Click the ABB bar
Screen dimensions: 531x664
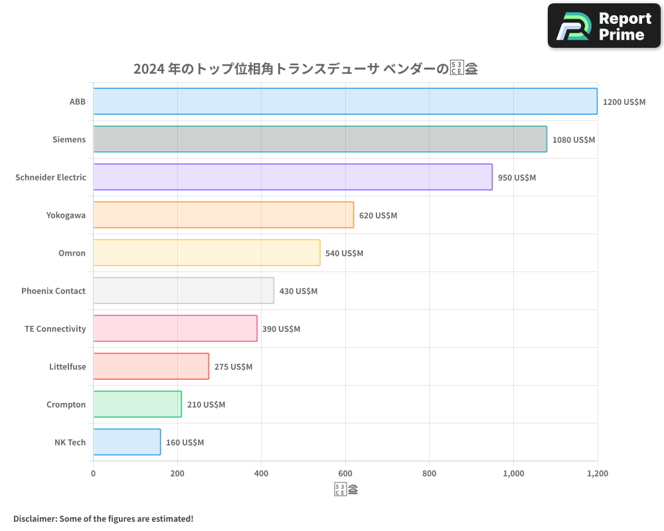pos(345,102)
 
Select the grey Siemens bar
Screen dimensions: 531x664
pos(320,139)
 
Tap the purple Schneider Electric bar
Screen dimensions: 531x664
pos(293,177)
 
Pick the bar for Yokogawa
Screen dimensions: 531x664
pos(223,215)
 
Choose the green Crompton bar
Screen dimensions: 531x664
pos(137,404)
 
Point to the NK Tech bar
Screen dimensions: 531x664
pos(127,442)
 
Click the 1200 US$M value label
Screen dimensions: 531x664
pos(623,102)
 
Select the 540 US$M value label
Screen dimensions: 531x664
pos(344,254)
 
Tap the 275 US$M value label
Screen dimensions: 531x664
pos(233,367)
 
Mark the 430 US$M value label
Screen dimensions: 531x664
pos(298,291)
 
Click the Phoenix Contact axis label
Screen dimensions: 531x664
pos(53,291)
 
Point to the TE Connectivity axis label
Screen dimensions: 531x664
pos(55,329)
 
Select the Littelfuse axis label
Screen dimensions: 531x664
pos(67,366)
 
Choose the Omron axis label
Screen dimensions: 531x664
pos(72,253)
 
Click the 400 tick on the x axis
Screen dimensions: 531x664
pos(261,474)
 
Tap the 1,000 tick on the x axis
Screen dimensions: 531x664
pos(513,474)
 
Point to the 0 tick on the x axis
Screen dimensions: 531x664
pos(93,474)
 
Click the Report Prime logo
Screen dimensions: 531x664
pos(604,26)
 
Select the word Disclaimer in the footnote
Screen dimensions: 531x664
pos(34,518)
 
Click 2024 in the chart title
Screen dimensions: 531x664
pos(149,69)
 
